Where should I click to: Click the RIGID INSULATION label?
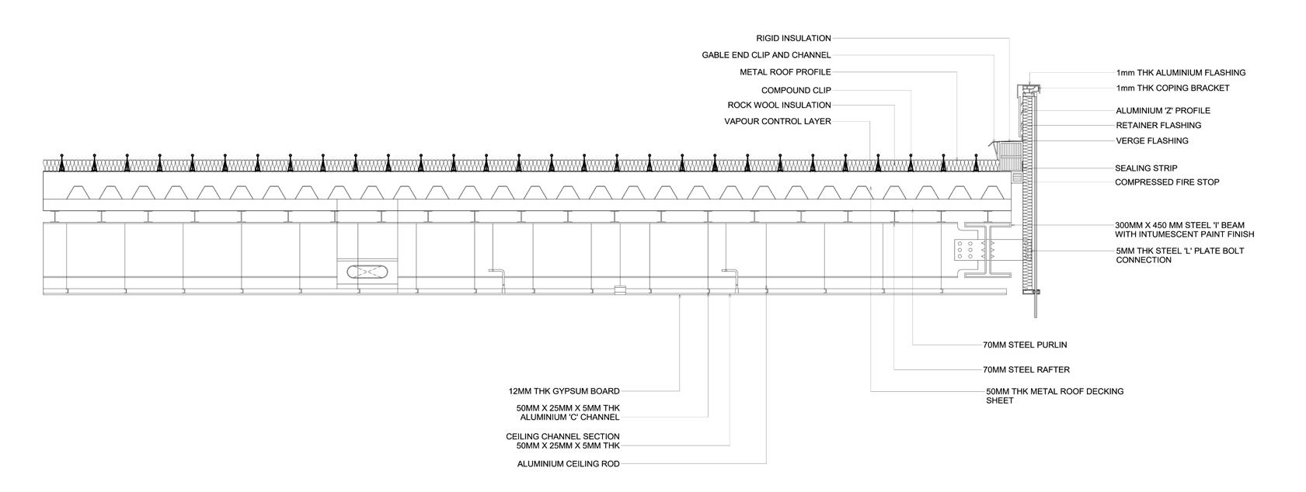point(793,38)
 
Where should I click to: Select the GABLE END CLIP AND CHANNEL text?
point(766,55)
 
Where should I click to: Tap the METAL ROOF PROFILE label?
point(785,72)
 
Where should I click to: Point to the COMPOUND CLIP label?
point(796,90)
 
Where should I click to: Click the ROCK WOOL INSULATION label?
point(779,105)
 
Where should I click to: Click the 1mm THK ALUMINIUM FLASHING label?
point(1180,73)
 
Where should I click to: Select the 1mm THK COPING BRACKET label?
point(1172,88)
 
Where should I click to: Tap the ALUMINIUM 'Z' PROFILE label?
point(1162,111)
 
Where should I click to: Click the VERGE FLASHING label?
point(1151,141)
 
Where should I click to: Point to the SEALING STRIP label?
point(1146,168)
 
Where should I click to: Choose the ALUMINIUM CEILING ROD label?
point(569,464)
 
